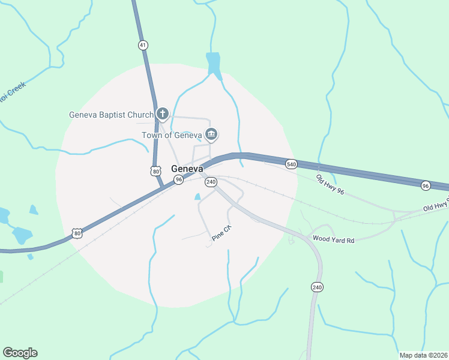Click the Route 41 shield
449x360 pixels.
coord(142,45)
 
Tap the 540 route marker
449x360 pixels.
coord(291,164)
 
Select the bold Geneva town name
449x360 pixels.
coord(187,169)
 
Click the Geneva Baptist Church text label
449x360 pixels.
coord(111,115)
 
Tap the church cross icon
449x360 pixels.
coord(162,113)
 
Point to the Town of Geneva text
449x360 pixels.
coord(172,135)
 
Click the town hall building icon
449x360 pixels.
coord(211,134)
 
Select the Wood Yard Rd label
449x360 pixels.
coord(333,240)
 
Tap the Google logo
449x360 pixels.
coord(20,353)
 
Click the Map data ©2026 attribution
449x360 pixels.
coord(423,355)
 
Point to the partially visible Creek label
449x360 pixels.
coord(13,95)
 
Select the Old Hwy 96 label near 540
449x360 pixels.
coord(331,184)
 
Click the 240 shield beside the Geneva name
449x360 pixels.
coord(211,182)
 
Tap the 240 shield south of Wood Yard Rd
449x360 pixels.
coord(317,288)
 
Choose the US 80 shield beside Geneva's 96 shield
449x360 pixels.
coord(156,172)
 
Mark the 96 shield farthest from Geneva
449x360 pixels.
coord(426,185)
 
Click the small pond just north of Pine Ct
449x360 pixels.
coord(197,196)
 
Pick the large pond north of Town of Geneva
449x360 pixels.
coord(213,63)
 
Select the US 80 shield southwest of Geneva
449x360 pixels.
coord(76,233)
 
